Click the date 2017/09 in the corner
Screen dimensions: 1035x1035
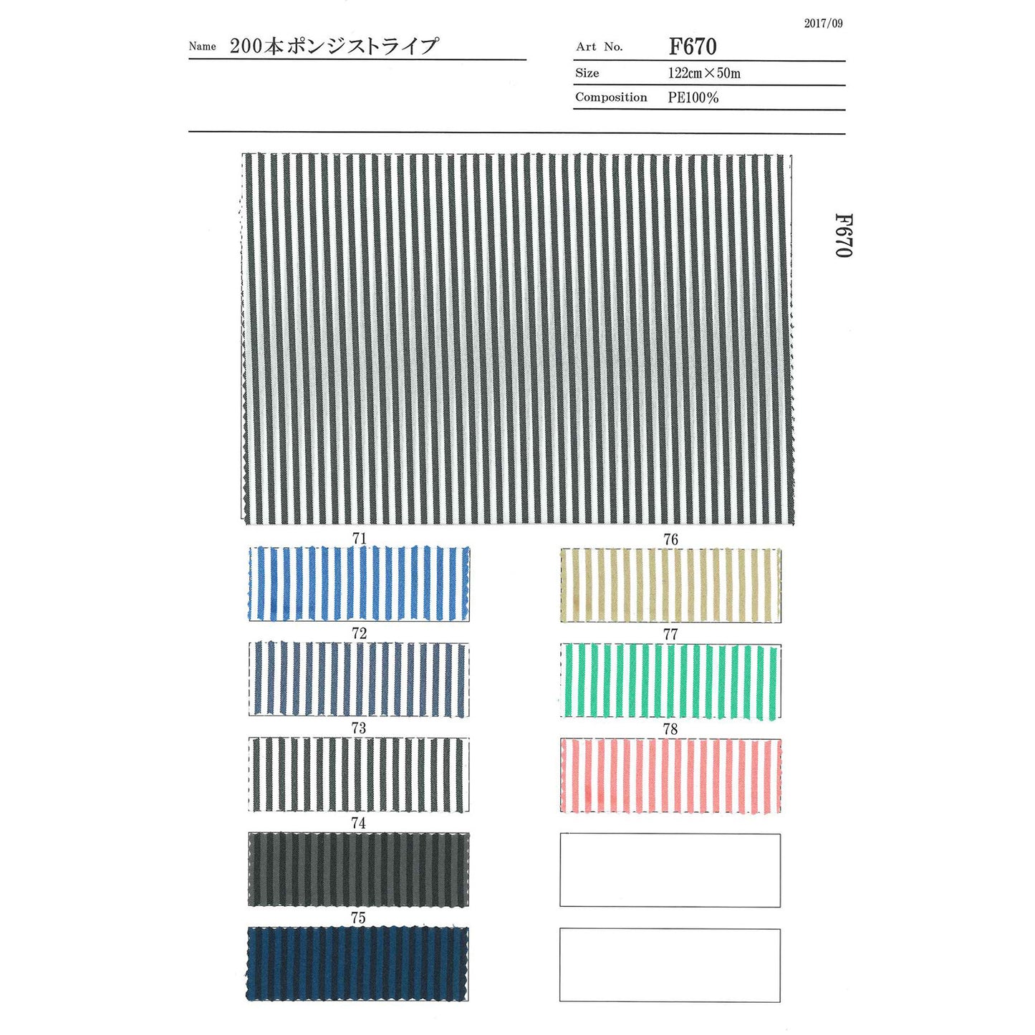tap(824, 24)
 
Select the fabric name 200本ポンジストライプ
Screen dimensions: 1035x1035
tap(334, 47)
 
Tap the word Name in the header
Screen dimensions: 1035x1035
tap(203, 47)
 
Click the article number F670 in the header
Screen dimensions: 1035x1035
tap(693, 47)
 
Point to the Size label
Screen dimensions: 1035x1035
tap(587, 73)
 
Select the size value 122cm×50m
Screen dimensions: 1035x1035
tap(704, 73)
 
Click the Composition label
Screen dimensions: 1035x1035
tap(611, 97)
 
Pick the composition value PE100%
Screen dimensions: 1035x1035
tap(693, 97)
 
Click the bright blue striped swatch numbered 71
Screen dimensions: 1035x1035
tap(358, 584)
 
